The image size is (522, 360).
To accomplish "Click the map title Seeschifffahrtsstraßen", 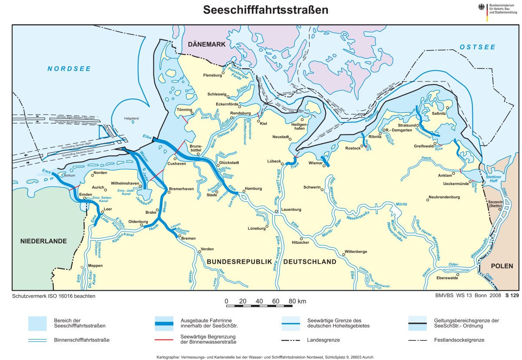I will (x=265, y=10).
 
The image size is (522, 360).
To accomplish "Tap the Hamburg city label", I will (x=253, y=188).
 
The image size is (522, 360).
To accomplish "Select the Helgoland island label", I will (x=131, y=118).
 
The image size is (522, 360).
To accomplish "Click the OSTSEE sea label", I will (x=477, y=47).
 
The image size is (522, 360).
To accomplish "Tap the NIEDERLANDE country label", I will (x=43, y=241).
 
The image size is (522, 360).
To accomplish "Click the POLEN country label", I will (x=502, y=266).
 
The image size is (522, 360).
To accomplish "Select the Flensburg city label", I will (x=212, y=75).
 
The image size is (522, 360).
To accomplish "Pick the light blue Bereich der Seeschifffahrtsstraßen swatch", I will (x=37, y=323).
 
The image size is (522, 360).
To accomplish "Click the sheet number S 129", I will (x=512, y=296).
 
